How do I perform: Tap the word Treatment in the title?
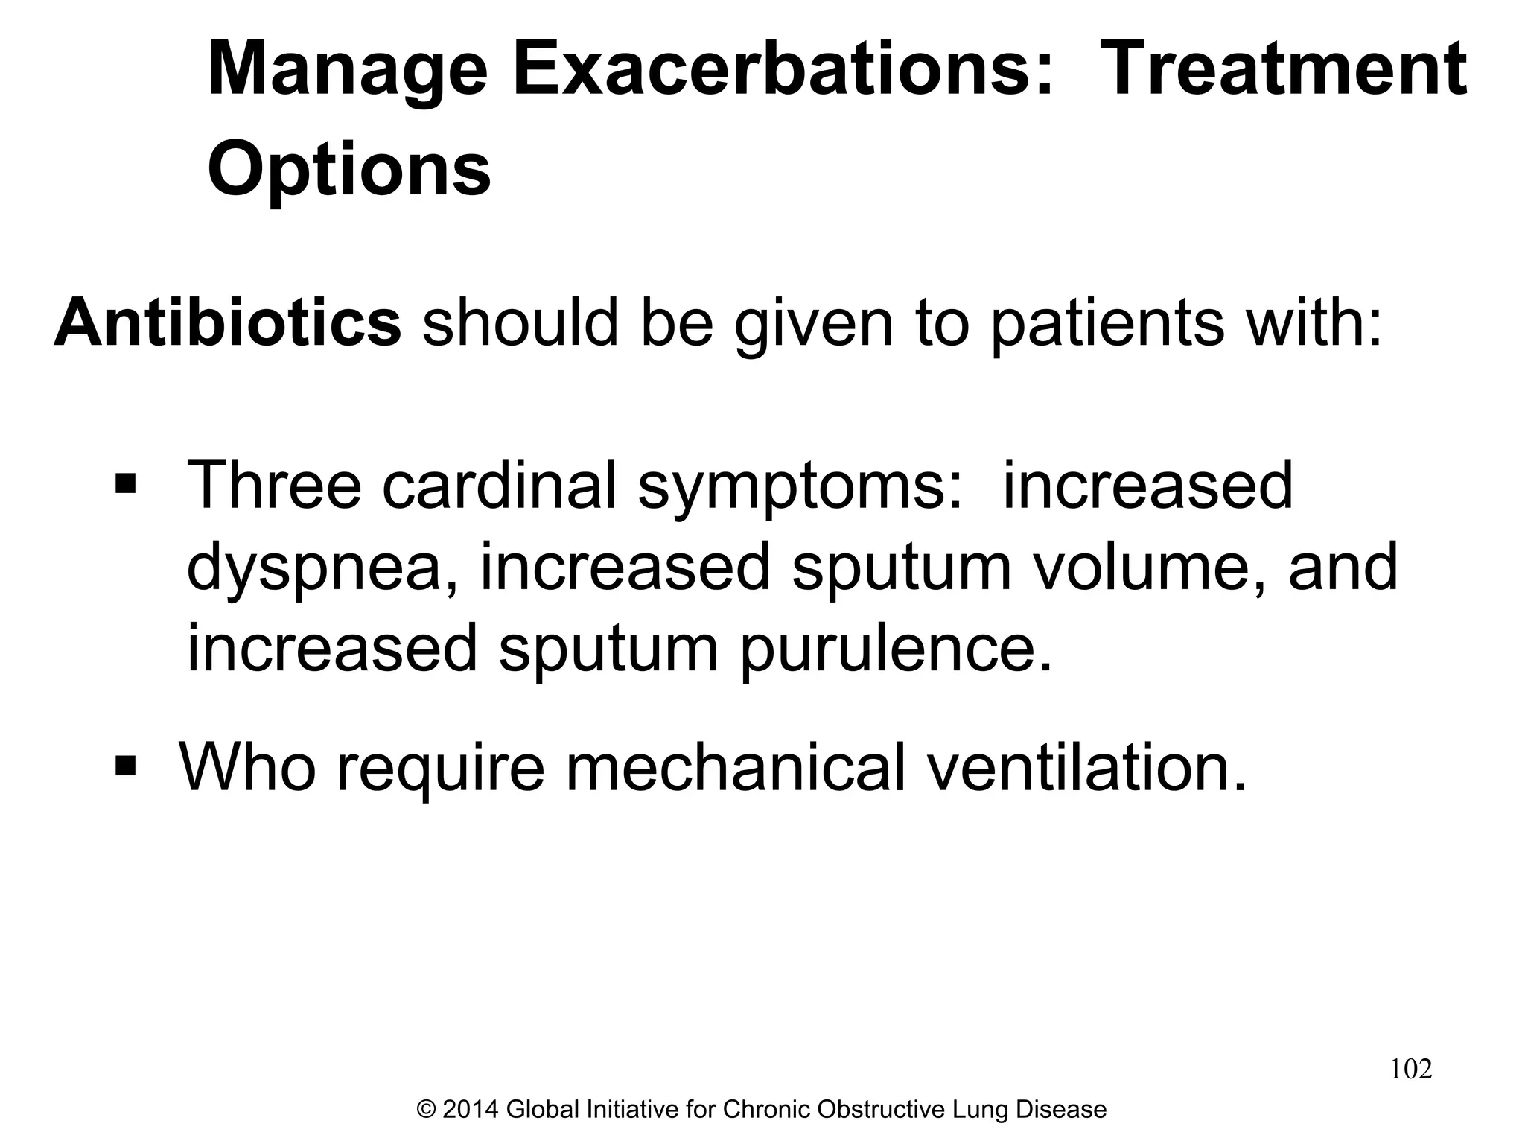point(1282,69)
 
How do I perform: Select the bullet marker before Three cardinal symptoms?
point(125,486)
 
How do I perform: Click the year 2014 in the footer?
point(471,1110)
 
